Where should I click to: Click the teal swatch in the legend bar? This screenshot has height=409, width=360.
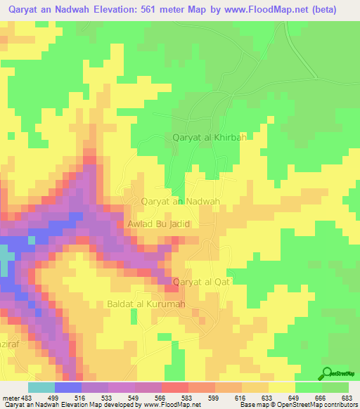[x=41, y=387]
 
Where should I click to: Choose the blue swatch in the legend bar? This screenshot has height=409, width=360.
[x=68, y=387]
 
